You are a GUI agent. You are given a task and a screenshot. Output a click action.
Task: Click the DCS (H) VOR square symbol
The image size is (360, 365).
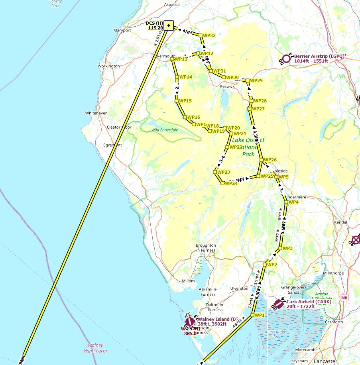tap(169, 26)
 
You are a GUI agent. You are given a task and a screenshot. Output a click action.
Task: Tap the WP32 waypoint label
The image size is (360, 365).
tap(209, 35)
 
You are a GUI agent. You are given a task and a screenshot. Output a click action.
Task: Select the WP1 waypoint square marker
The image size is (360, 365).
tap(252, 315)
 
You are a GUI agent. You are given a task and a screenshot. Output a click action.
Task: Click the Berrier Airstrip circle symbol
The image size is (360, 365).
tap(286, 58)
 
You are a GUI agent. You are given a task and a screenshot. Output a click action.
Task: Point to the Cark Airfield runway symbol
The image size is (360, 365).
tap(279, 304)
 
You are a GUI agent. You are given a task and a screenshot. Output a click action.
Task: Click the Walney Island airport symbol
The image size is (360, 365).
tap(190, 322)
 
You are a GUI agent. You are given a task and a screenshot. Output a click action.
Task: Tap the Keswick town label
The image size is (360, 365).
tap(227, 86)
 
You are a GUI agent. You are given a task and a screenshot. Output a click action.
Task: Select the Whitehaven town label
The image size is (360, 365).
tap(96, 113)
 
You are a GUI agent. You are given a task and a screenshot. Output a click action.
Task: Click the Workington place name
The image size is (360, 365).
tap(108, 66)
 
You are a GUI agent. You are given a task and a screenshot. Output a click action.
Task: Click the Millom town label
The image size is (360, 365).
tap(188, 281)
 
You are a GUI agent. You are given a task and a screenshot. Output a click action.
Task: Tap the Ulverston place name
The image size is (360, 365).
tap(240, 288)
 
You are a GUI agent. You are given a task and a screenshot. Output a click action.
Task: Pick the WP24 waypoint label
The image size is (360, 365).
tap(231, 183)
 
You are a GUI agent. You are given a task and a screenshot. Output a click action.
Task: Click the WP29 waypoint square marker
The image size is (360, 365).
tap(248, 80)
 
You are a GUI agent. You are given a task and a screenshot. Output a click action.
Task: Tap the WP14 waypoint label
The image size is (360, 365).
tap(186, 77)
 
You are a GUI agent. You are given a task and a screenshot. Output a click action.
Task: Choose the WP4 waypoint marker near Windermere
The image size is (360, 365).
tap(286, 202)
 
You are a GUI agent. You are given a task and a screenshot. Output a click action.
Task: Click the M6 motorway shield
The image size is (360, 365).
tap(344, 297)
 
